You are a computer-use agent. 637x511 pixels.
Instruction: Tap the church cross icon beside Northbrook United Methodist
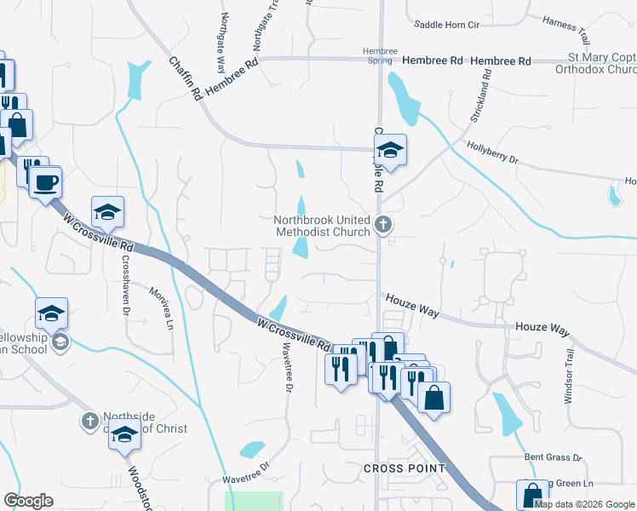pyautogui.click(x=383, y=226)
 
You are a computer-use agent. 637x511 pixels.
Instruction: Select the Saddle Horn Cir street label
pyautogui.click(x=447, y=26)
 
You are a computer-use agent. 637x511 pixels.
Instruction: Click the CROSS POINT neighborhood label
pyautogui.click(x=405, y=468)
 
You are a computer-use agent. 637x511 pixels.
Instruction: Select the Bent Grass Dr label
pyautogui.click(x=553, y=457)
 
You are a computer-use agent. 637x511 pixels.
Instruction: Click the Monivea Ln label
pyautogui.click(x=163, y=307)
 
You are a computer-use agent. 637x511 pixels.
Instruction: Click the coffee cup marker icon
pyautogui.click(x=44, y=181)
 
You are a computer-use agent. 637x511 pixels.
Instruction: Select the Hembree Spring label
pyautogui.click(x=380, y=56)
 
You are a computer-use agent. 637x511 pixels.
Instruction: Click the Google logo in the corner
pyautogui.click(x=28, y=501)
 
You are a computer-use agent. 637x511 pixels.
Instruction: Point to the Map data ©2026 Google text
pyautogui.click(x=584, y=504)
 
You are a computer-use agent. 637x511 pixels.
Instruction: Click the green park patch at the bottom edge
pyautogui.click(x=253, y=502)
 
